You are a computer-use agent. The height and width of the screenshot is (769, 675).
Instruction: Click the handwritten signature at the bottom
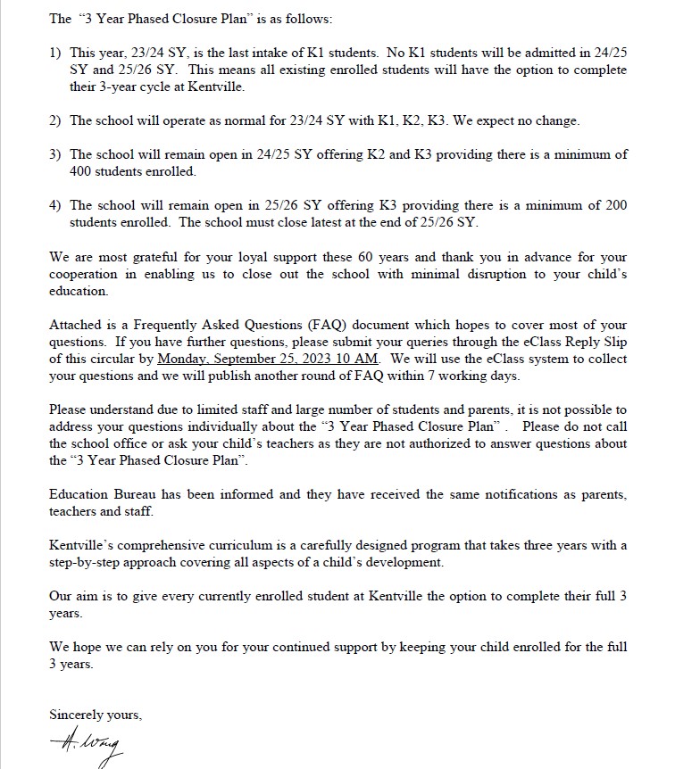pos(86,741)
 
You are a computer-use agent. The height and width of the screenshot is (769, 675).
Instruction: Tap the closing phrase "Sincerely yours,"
pos(96,715)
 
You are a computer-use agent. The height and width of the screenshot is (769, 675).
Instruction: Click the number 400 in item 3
pos(81,170)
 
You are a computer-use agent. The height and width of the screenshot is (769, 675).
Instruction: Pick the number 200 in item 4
pos(616,205)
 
